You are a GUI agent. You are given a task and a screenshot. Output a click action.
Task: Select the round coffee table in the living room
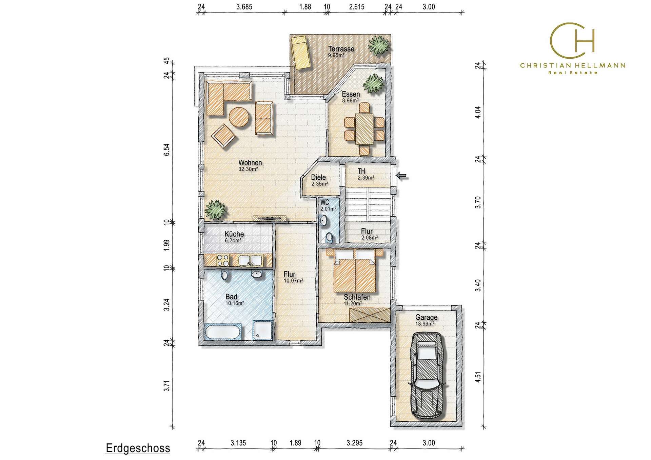pos(239,117)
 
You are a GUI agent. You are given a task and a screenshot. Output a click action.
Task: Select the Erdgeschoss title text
pos(138,448)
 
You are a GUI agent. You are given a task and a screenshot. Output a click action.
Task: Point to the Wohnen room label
pos(250,163)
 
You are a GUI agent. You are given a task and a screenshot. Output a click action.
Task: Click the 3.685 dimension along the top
pos(244,7)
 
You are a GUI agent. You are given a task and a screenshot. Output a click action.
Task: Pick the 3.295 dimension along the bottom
pos(354,443)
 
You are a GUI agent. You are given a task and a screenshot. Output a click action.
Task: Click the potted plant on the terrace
pos(379,45)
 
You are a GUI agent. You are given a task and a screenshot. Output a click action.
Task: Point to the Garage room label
pos(426,318)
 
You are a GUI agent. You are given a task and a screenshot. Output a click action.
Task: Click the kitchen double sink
pos(250,260)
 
